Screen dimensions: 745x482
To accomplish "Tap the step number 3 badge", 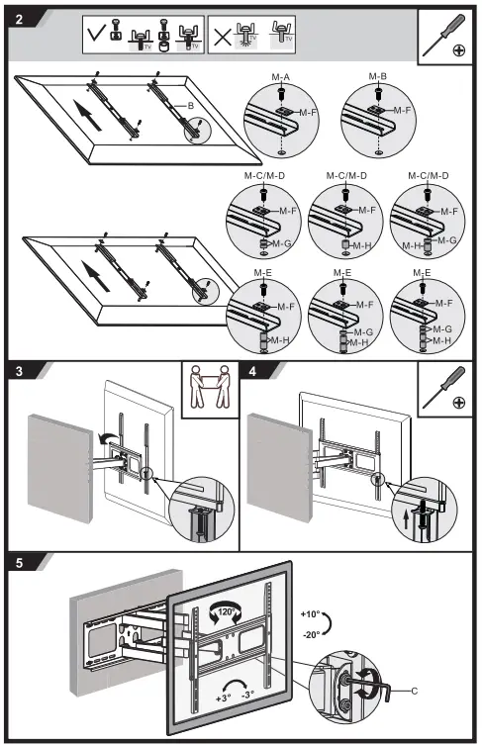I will [21, 373].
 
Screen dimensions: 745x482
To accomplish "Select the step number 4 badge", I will [254, 373].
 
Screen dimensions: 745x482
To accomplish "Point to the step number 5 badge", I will [21, 563].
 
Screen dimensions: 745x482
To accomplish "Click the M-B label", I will [377, 75].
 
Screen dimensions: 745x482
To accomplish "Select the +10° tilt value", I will [311, 615].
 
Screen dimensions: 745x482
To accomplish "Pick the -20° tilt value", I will [311, 634].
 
